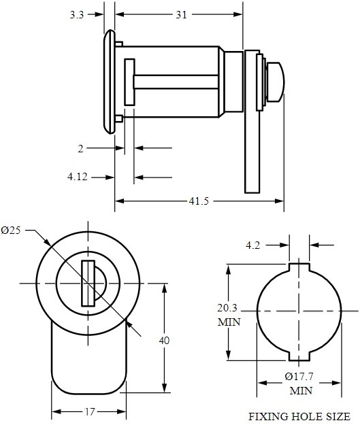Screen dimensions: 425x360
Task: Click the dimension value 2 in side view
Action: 80,148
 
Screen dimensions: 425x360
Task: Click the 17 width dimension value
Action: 88,411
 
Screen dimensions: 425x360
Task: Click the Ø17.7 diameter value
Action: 299,377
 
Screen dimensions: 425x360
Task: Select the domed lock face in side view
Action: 107,82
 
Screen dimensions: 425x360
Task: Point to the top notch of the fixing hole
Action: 300,267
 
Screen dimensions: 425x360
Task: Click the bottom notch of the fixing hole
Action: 300,356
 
